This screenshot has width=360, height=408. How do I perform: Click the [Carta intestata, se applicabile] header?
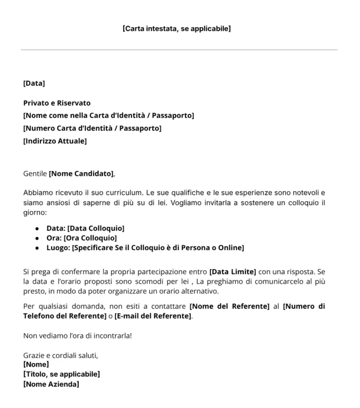(x=176, y=29)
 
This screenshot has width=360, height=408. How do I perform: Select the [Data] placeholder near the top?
(x=34, y=83)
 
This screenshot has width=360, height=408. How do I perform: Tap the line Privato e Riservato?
(x=57, y=103)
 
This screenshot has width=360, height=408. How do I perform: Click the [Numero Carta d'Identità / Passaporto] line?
(x=92, y=128)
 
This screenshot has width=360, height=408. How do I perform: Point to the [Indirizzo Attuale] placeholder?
(x=55, y=141)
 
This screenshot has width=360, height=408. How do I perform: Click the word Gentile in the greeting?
(x=35, y=174)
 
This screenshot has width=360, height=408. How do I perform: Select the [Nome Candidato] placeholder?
(x=81, y=174)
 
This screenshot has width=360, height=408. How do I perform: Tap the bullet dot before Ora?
(x=37, y=239)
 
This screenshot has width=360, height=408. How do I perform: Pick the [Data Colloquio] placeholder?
(x=96, y=228)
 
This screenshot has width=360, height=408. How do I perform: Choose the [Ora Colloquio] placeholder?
(x=92, y=238)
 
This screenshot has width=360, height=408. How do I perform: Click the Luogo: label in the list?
(x=58, y=248)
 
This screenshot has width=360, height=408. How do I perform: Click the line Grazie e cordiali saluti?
(x=61, y=355)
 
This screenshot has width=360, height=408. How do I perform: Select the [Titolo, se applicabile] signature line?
(x=62, y=374)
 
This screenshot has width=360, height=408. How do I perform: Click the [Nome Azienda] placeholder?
(x=51, y=384)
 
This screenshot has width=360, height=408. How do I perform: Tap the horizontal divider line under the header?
(x=179, y=50)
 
